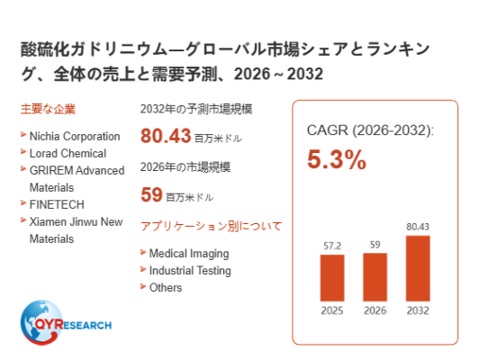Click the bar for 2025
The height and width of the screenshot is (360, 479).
pos(332,278)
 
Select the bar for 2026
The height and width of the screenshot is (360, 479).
pos(375,277)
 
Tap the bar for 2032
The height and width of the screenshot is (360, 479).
pos(418,268)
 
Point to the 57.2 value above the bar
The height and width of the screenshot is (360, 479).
pos(332,246)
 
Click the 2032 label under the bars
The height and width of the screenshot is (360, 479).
pos(418,310)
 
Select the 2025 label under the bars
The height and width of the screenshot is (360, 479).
pos(332,310)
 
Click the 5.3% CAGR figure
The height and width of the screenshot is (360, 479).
pos(337,159)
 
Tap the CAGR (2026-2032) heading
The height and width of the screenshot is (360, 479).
pos(370,130)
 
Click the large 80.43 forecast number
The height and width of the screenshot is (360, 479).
pos(166,136)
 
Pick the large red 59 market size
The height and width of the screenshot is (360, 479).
pos(151,194)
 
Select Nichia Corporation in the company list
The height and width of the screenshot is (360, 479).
pos(75,136)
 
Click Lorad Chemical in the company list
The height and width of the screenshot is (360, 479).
pos(68,153)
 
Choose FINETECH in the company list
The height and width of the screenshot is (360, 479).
pos(57,204)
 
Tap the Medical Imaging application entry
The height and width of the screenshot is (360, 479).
pos(189,254)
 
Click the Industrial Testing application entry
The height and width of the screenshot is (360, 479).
pos(190,271)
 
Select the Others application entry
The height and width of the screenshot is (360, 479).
pos(166,288)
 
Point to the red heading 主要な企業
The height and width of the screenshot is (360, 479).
pos(48,109)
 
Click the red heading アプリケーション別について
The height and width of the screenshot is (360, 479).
pos(211,226)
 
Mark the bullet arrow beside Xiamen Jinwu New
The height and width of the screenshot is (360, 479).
pos(23,220)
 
